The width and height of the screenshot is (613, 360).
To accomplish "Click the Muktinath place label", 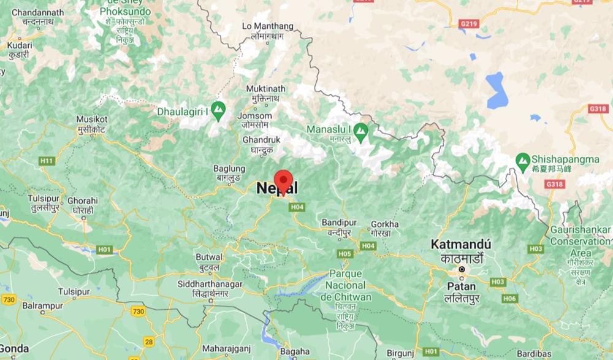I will [x=270, y=90].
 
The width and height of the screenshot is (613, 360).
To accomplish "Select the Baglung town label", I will [x=229, y=169].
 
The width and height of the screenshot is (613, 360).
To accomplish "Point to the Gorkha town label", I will [x=385, y=224].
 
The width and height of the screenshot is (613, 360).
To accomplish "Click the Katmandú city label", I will [x=461, y=244].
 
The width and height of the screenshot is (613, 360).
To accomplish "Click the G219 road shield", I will [x=467, y=23].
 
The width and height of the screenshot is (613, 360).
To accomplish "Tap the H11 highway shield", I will [x=47, y=160].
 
